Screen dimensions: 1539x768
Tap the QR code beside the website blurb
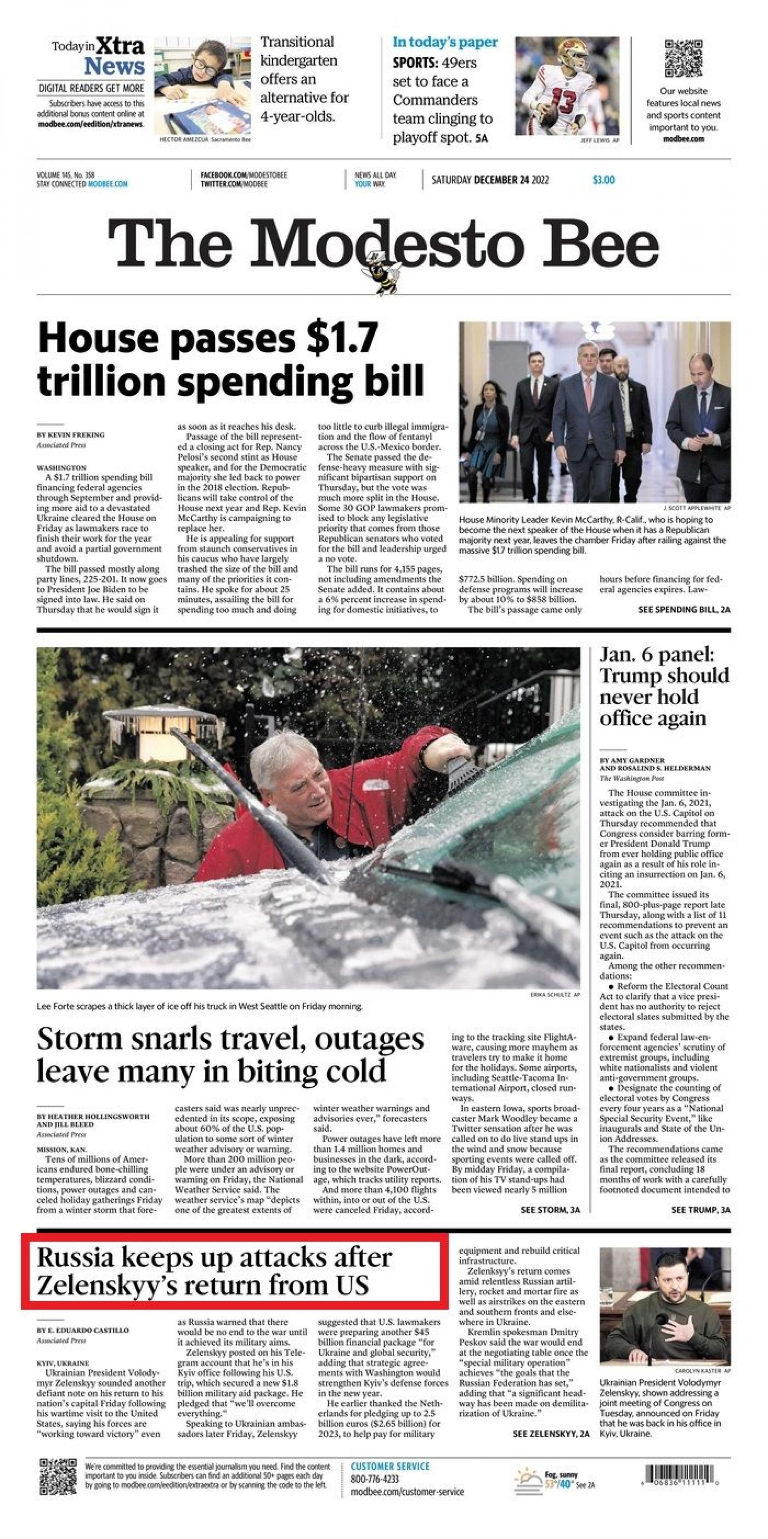pos(684,58)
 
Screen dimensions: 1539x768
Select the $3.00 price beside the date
pos(604,180)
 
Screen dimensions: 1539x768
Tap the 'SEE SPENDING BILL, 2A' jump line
pos(684,610)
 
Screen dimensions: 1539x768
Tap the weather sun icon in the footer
pos(528,1478)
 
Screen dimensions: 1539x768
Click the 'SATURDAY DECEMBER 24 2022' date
pos(490,180)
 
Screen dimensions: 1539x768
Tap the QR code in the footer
pos(58,1476)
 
